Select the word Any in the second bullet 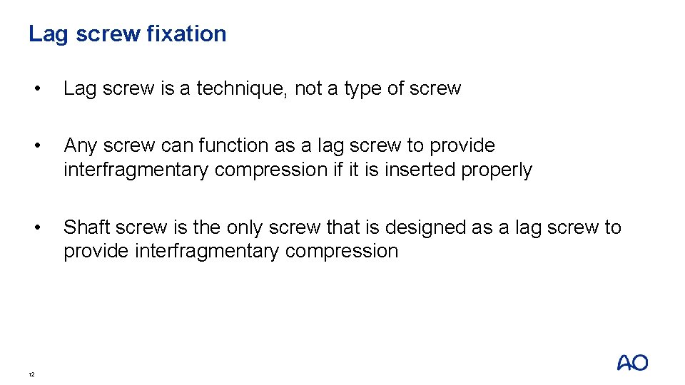pyautogui.click(x=81, y=145)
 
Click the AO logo pyautogui.click(x=632, y=363)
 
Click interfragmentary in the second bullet pyautogui.click(x=136, y=170)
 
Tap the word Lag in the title pyautogui.click(x=46, y=34)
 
